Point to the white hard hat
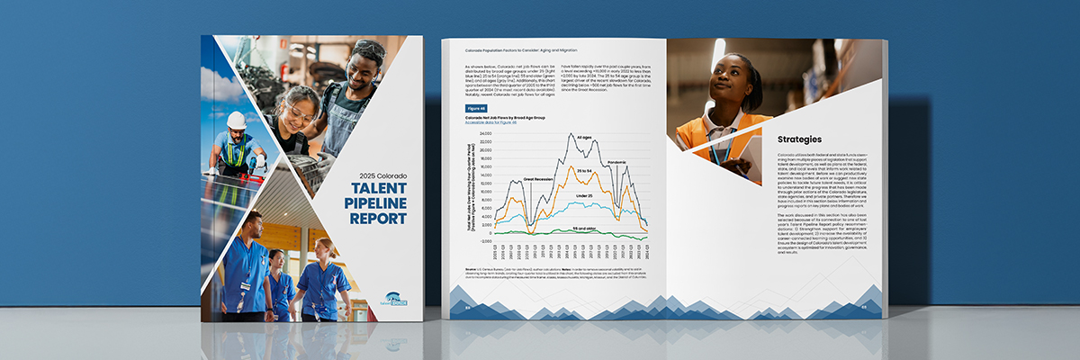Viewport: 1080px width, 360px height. pos(236,120)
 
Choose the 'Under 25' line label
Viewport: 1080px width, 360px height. pos(582,194)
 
